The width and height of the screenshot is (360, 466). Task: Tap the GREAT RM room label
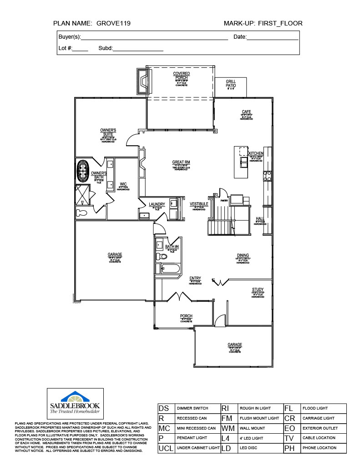[181, 162]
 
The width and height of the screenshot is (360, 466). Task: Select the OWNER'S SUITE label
[108, 132]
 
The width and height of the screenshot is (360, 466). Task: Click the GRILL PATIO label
[231, 83]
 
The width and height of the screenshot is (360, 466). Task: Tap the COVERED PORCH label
[181, 76]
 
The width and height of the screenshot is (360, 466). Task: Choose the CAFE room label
[246, 112]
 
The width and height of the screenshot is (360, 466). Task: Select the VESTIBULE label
[199, 204]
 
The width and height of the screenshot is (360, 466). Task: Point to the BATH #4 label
[172, 246]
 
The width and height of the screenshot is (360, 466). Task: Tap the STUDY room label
[258, 289]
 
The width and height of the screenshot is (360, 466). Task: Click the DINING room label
[243, 255]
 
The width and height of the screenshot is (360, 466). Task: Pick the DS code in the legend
[164, 408]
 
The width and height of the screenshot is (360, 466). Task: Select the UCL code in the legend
[166, 448]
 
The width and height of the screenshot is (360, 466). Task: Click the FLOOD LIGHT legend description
[315, 408]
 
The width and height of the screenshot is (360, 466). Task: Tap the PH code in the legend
[289, 448]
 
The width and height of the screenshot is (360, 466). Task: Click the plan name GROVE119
[114, 23]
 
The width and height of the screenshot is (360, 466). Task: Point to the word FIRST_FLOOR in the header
[280, 23]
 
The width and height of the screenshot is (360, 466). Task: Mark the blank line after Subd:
[138, 49]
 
